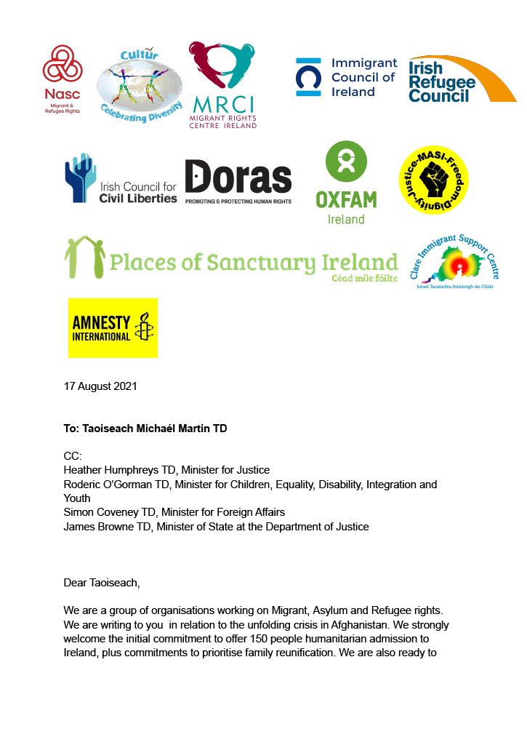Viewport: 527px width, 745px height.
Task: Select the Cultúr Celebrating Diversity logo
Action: pos(140,84)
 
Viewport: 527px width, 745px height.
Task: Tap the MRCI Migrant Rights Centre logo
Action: pos(222,84)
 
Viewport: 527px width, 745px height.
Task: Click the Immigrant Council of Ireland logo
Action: pos(347,78)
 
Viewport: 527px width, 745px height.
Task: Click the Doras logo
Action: pos(238,182)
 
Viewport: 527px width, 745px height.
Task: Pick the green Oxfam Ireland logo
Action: pos(345,183)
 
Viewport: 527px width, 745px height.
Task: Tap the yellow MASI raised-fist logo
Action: pos(433,179)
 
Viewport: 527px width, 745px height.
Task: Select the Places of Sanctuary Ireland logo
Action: pos(232,260)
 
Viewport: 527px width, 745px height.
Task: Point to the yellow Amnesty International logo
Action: pos(113,327)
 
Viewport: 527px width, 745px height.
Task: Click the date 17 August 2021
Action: pos(100,386)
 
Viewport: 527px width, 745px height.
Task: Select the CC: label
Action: pos(73,456)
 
